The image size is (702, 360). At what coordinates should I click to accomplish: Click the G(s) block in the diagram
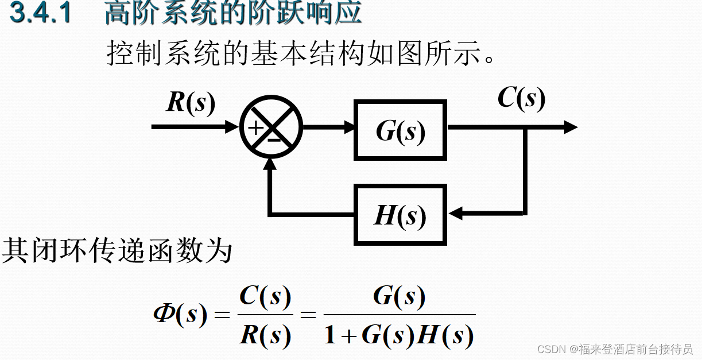point(401,130)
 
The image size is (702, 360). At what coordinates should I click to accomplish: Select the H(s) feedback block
point(401,214)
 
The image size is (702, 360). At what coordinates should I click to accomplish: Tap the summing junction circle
point(270,127)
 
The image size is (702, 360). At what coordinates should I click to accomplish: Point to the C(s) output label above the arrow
point(521,98)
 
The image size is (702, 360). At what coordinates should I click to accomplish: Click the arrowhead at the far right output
point(570,127)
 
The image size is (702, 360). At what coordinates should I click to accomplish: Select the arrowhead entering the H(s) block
point(455,214)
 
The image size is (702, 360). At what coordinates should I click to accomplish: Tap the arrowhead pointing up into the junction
point(270,164)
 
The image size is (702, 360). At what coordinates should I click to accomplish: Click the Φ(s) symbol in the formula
point(180,315)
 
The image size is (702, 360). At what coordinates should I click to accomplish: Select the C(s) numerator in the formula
point(265,296)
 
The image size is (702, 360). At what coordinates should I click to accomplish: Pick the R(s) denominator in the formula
point(265,334)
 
